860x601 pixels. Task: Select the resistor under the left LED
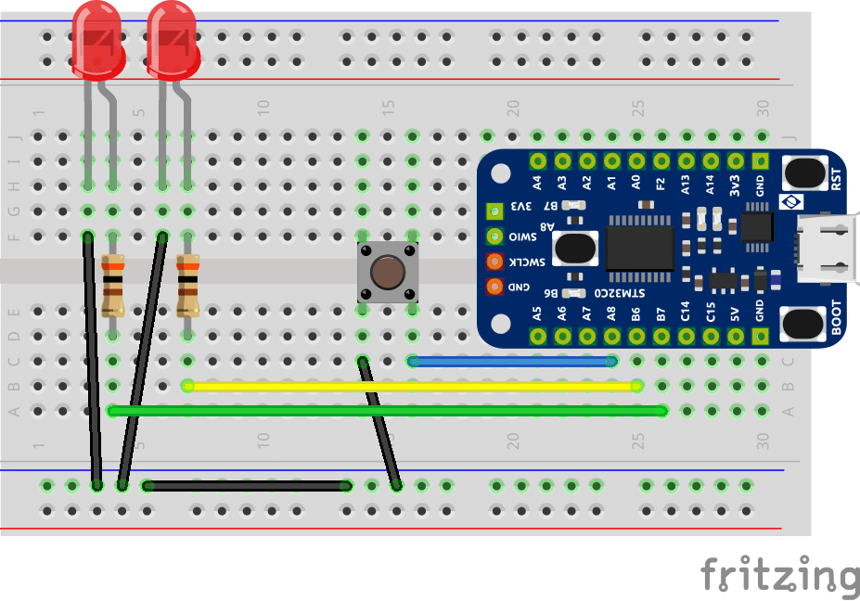coord(113,284)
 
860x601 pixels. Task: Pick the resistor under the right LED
coord(188,284)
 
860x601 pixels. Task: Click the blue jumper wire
coord(512,361)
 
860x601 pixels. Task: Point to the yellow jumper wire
coord(413,386)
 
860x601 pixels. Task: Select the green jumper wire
coord(388,411)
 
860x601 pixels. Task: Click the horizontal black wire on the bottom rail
coord(247,485)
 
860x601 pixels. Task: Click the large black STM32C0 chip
coord(639,246)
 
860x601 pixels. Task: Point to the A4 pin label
coord(537,184)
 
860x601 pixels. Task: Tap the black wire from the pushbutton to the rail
coord(380,422)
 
